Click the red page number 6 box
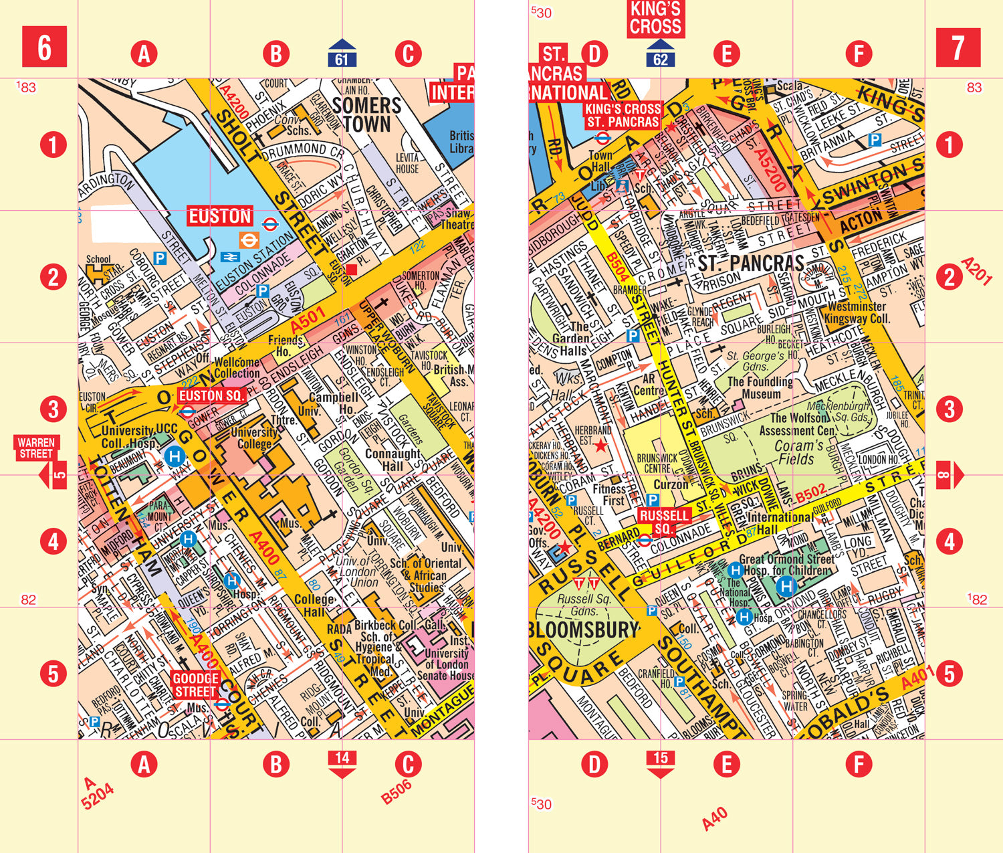44,47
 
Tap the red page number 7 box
958,48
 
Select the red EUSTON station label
219,216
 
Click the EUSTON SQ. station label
211,395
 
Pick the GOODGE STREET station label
195,684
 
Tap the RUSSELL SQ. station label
663,522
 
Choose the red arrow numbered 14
342,763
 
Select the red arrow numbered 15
661,763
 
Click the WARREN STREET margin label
36,448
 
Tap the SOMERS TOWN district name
366,114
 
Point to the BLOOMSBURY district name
583,630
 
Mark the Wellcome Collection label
237,368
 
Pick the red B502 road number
810,495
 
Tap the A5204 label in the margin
98,793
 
